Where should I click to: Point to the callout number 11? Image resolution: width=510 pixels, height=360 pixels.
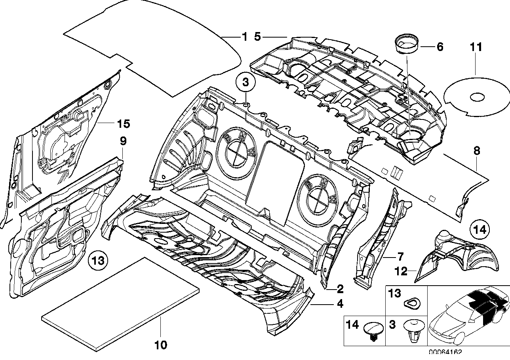pos(476,47)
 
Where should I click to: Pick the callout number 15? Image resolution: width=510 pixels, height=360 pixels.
pos(123,124)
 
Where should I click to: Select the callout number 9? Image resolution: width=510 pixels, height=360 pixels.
pos(123,140)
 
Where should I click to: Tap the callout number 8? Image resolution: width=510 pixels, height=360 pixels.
pos(476,150)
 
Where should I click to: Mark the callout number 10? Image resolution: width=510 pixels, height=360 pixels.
pos(161,345)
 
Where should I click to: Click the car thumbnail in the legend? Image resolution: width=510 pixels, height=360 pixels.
pos(467,316)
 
